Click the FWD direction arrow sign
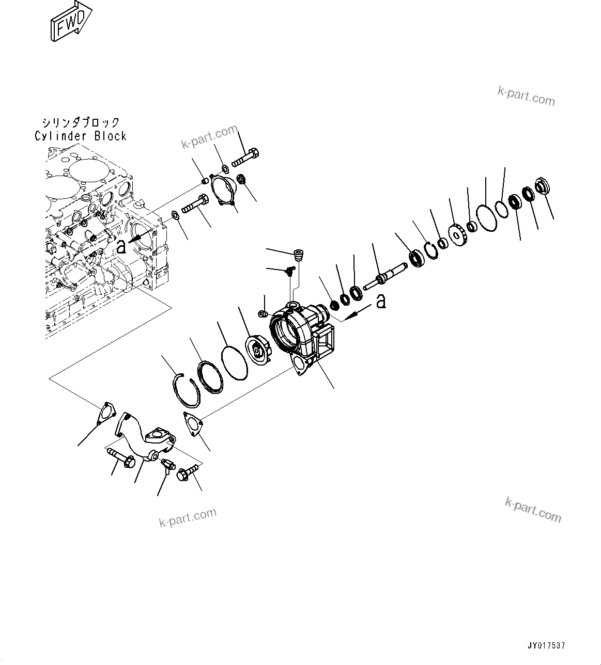(71, 21)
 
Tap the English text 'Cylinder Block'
(80, 136)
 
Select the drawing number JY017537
(546, 645)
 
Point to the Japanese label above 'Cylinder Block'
(81, 123)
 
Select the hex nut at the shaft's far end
(541, 185)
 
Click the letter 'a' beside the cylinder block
(121, 247)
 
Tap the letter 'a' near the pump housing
(381, 300)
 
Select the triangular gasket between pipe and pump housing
(193, 424)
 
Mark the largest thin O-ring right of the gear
(486, 217)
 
